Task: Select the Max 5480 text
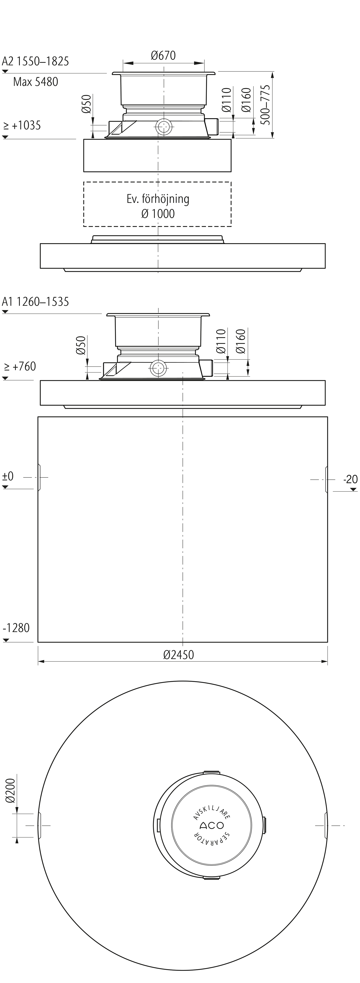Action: [36, 82]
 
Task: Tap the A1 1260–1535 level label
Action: [36, 302]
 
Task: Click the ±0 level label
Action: [8, 476]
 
